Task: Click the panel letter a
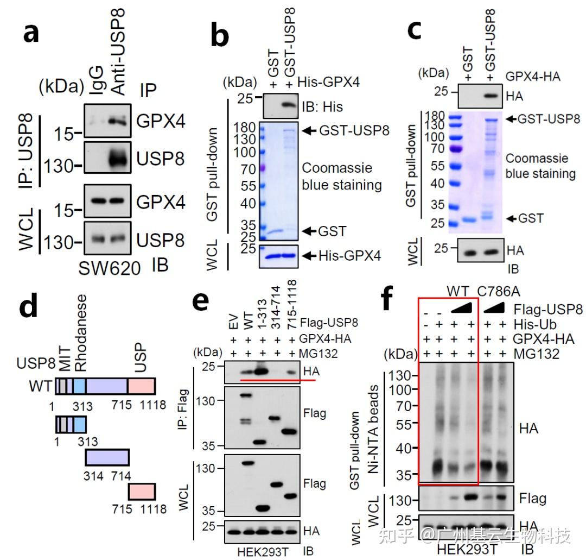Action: (x=31, y=34)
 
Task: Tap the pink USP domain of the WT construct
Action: (x=142, y=386)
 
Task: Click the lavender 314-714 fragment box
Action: (x=107, y=457)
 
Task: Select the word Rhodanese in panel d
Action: (x=81, y=334)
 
